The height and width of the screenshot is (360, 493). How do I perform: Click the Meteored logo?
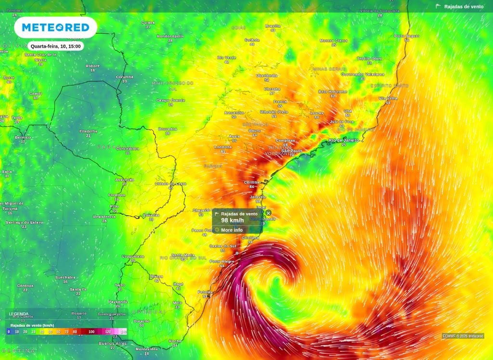point(55,27)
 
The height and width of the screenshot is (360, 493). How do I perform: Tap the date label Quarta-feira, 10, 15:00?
point(56,46)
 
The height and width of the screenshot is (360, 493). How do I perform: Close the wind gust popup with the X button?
point(269,213)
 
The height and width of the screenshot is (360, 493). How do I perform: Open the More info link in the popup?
point(232,230)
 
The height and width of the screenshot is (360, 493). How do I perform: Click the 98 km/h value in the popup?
point(233,220)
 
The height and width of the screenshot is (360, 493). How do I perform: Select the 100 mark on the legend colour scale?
point(91,332)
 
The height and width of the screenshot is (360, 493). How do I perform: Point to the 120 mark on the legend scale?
point(108,332)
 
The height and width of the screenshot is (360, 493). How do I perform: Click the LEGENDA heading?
point(19,314)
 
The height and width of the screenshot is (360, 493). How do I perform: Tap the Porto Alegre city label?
point(222,261)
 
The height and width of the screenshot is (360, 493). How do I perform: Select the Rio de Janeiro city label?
point(344,140)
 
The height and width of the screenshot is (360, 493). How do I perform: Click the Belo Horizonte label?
point(333,91)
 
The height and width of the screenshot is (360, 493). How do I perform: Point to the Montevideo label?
point(147,348)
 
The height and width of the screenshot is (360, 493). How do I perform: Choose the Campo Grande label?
point(170,100)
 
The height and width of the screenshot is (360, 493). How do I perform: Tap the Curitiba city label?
point(252,182)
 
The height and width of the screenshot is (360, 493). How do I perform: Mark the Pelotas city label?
point(205,292)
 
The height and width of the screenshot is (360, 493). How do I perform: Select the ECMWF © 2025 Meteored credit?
point(463,336)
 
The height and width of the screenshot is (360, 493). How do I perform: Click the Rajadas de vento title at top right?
point(464,7)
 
